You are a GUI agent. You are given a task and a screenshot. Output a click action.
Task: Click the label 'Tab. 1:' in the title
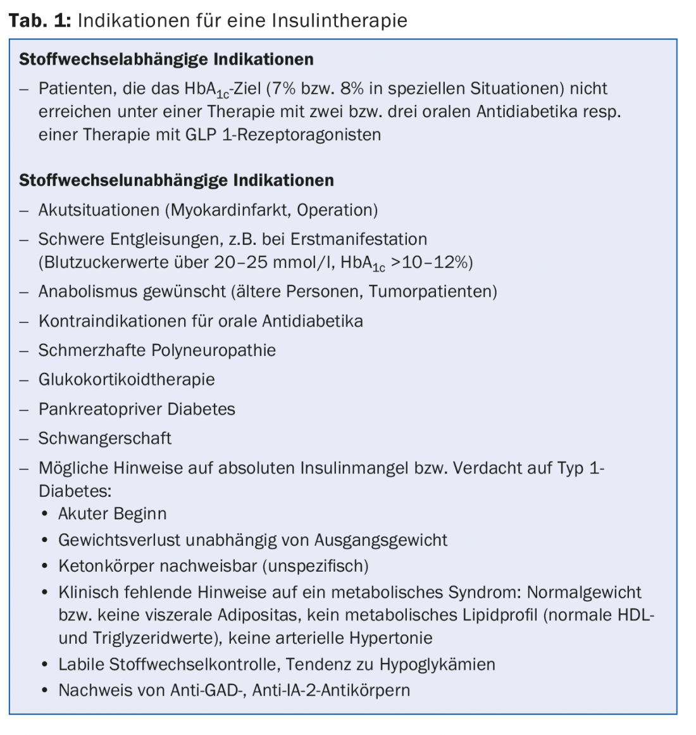point(39,20)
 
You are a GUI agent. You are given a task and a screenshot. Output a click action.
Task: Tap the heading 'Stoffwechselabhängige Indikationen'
point(166,60)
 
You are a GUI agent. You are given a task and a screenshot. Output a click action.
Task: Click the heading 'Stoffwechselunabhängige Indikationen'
point(176,180)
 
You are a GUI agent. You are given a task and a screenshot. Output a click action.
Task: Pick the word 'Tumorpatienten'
point(433,291)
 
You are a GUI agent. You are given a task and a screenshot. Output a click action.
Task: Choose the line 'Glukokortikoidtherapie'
point(127,379)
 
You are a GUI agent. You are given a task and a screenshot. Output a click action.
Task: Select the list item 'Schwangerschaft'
point(105,438)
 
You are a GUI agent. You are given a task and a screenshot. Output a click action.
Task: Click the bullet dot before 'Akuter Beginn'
point(44,514)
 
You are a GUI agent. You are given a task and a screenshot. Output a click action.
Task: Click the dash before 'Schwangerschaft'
point(24,439)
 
